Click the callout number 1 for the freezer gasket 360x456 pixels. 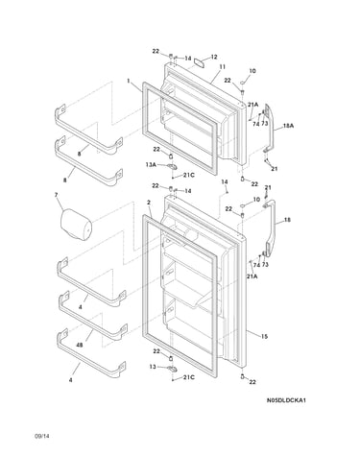129,81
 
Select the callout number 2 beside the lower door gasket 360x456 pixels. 149,203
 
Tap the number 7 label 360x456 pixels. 56,195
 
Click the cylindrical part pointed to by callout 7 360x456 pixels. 76,225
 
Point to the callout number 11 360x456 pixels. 222,66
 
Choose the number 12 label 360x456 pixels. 214,57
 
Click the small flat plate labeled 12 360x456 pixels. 201,62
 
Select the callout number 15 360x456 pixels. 264,336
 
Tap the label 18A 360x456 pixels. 288,126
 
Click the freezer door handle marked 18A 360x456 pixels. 269,128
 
